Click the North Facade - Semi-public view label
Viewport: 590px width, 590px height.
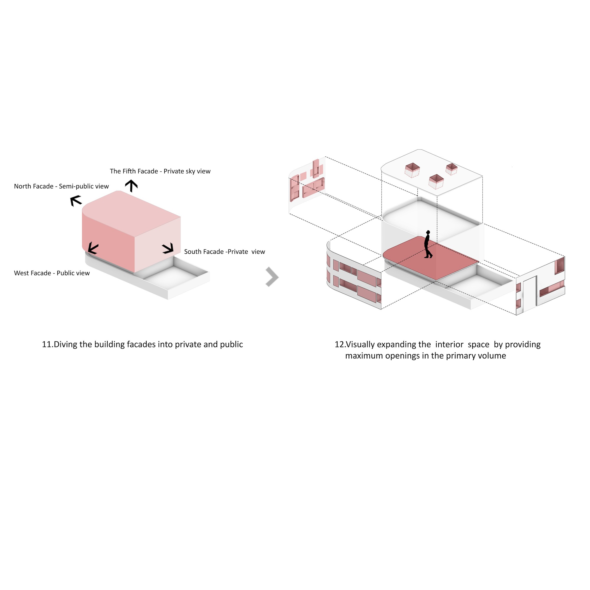(61, 186)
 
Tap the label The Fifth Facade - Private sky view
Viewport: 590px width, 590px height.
(160, 171)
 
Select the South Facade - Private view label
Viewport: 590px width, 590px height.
(224, 252)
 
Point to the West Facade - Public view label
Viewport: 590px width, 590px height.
(52, 273)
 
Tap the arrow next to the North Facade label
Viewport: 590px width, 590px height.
(76, 201)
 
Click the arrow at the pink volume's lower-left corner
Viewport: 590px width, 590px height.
(93, 248)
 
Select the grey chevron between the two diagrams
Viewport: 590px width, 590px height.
(272, 277)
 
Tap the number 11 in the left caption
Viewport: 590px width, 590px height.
(47, 345)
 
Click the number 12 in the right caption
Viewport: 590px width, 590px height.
(340, 345)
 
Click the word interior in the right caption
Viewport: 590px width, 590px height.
(449, 345)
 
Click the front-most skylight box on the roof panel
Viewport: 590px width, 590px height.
(436, 182)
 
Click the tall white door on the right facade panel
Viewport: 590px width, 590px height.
(530, 293)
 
